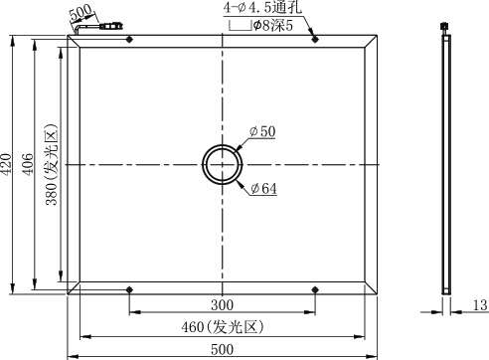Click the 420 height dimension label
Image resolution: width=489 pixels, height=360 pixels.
point(7,163)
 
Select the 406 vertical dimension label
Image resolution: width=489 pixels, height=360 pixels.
point(28,164)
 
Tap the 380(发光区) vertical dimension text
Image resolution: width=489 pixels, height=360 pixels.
point(52,164)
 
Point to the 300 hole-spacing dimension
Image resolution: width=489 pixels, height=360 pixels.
point(222,305)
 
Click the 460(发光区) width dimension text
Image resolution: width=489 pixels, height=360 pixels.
point(222,327)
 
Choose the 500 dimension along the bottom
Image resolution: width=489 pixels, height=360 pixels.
point(222,349)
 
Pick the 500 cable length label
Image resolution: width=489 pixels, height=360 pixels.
point(81,12)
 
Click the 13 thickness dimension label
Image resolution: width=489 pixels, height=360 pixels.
point(480,305)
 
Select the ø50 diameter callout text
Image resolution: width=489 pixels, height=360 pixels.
point(262,131)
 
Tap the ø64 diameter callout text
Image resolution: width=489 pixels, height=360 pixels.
point(263,189)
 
